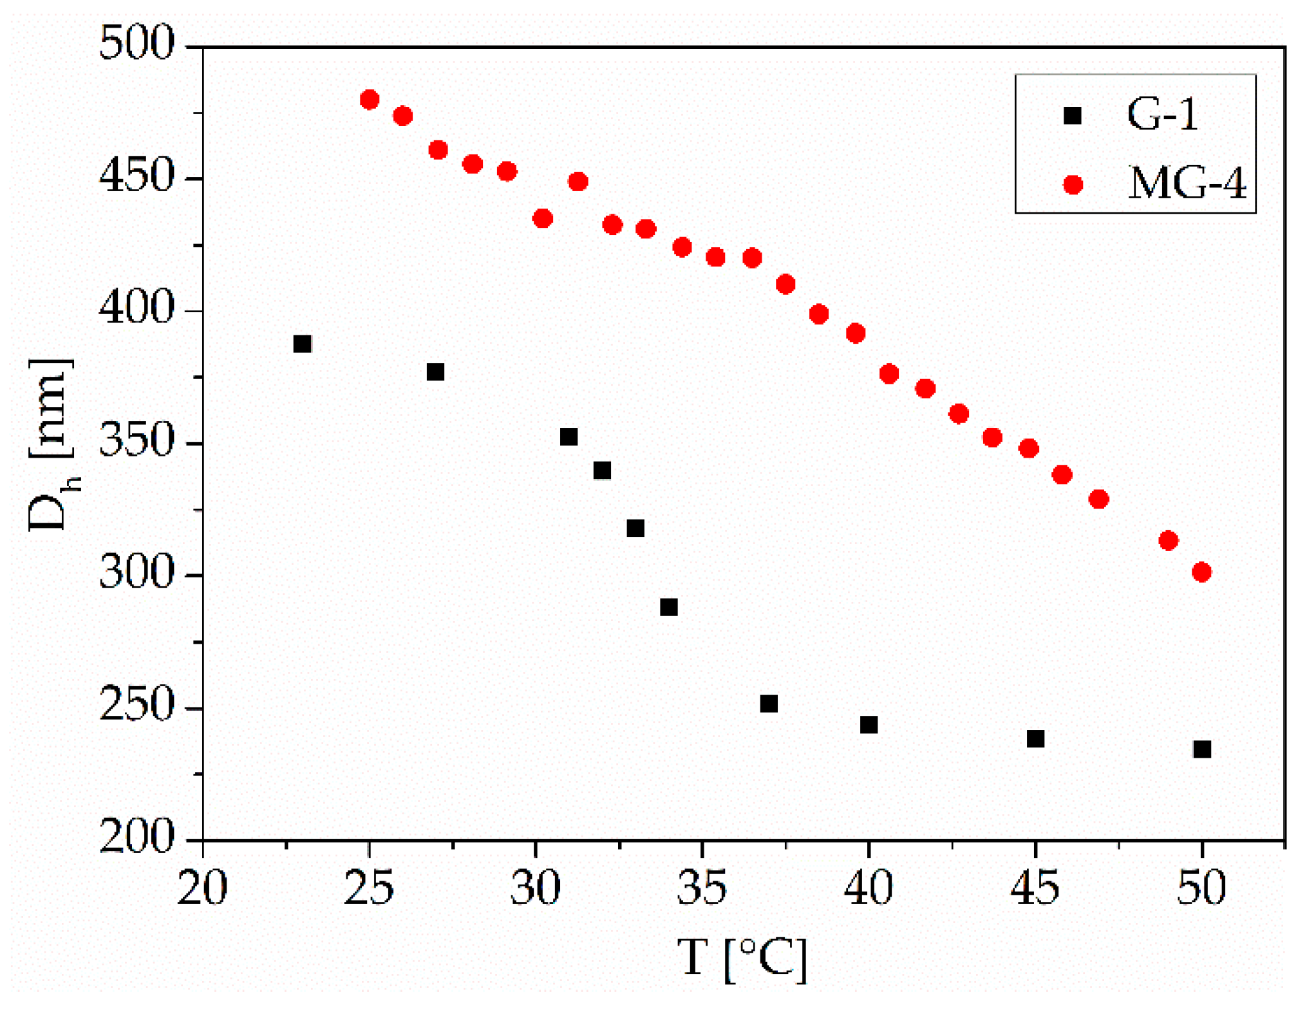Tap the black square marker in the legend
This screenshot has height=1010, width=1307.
click(x=1073, y=115)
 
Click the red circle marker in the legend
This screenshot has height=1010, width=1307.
click(x=1073, y=185)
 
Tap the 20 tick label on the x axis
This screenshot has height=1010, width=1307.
click(x=202, y=888)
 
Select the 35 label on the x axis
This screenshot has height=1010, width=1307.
click(x=702, y=888)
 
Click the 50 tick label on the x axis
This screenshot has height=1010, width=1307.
click(x=1201, y=888)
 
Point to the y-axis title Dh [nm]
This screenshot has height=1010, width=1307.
click(x=52, y=444)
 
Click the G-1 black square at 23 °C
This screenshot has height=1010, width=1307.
click(x=303, y=344)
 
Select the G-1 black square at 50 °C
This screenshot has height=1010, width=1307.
click(x=1202, y=749)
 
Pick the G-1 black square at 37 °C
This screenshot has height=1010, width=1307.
click(x=769, y=704)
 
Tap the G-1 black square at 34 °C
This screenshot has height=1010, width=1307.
click(x=669, y=607)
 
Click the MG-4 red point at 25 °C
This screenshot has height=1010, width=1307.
click(x=370, y=100)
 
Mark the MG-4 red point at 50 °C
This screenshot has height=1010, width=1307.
click(x=1201, y=572)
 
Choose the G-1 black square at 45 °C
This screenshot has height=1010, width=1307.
click(x=1035, y=738)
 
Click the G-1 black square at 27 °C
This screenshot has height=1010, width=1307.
click(x=435, y=372)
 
